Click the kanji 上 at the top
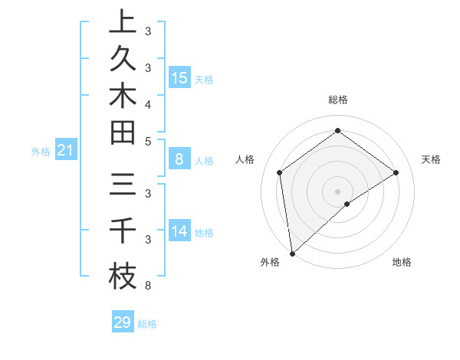coord(122,21)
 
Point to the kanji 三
coord(122,186)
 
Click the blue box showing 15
coord(179,78)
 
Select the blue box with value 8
coord(179,159)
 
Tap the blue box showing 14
coord(179,231)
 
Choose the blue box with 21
coord(65,151)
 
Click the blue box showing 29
coord(123,322)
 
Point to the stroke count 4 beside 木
coord(147,103)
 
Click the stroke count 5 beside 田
coord(147,141)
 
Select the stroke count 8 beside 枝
coord(147,286)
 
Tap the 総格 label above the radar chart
coord(338,100)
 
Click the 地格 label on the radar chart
coord(402,262)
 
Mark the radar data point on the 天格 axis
coord(396,172)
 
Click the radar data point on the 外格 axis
coord(292,253)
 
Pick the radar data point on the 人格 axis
coord(280,172)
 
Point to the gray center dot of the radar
coord(338,191)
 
